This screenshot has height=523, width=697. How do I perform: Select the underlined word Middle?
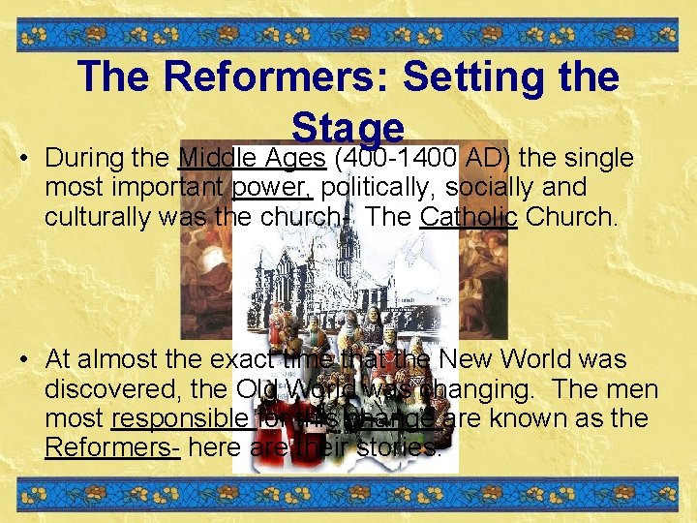coord(214,157)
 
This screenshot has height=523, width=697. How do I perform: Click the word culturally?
coord(96,216)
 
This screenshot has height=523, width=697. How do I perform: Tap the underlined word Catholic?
coord(470,216)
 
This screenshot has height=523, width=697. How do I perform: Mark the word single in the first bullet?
coord(597,157)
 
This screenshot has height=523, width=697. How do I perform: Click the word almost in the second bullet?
coord(125,359)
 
